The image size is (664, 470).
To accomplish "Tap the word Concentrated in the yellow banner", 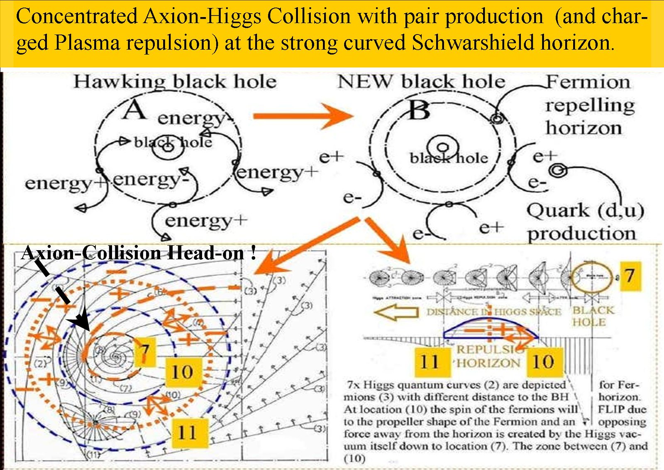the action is (77, 17).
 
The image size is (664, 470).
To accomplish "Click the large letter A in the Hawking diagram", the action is (134, 111).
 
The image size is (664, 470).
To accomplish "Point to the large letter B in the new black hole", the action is (419, 111).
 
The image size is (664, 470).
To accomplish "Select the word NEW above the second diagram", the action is (365, 81).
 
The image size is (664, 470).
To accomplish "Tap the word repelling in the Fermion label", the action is (590, 106).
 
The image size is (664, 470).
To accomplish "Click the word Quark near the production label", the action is (557, 211).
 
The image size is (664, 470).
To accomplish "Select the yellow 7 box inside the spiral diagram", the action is (144, 351).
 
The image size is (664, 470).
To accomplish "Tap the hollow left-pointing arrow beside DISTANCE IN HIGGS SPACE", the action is (396, 312).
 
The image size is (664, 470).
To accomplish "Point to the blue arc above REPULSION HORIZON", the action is (490, 323).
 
